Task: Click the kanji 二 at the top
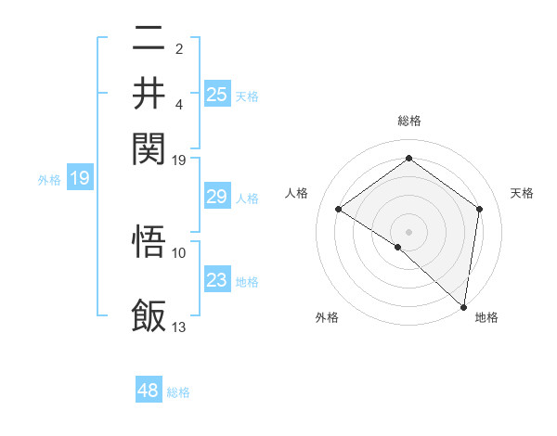pos(149,39)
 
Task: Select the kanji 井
pos(149,92)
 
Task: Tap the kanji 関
pos(149,146)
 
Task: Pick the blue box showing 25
pos(217,94)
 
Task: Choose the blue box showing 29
pos(217,197)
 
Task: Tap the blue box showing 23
pos(217,279)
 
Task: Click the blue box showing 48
pos(149,391)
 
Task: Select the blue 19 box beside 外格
pos(80,178)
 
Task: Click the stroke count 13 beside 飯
pos(179,327)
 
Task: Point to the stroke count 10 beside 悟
pos(179,252)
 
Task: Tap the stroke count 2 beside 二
pos(179,47)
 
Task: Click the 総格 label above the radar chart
pos(409,121)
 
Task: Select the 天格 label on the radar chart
pos(523,193)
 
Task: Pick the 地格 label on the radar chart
pos(486,317)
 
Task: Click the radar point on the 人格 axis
pos(339,209)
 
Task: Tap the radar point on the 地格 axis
pos(463,306)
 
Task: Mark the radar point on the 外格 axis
pos(398,247)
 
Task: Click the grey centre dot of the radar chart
pos(409,231)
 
